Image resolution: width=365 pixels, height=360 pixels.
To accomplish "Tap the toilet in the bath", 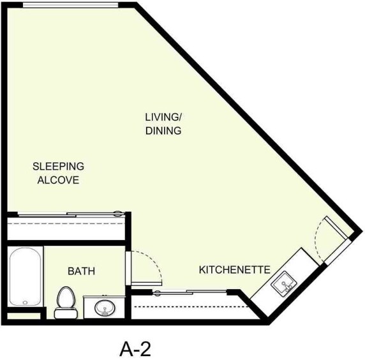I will click(65, 301).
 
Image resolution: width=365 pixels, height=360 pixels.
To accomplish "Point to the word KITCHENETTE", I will click(234, 269).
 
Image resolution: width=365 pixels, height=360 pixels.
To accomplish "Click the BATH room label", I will click(81, 271).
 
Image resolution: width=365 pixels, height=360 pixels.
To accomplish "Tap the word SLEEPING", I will click(58, 167).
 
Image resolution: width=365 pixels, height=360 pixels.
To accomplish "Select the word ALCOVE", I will click(58, 180).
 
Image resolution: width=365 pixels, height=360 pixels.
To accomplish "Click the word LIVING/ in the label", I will click(163, 117).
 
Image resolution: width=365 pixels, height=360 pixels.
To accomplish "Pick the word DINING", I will click(163, 131).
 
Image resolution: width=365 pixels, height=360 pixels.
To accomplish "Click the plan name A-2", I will click(135, 349).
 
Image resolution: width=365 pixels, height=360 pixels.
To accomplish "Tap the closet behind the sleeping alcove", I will click(66, 229).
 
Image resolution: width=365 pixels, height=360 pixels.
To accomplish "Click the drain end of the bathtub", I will click(26, 301).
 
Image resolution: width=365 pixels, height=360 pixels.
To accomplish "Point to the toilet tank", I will click(64, 313).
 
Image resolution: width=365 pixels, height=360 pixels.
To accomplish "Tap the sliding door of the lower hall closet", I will click(191, 292).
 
